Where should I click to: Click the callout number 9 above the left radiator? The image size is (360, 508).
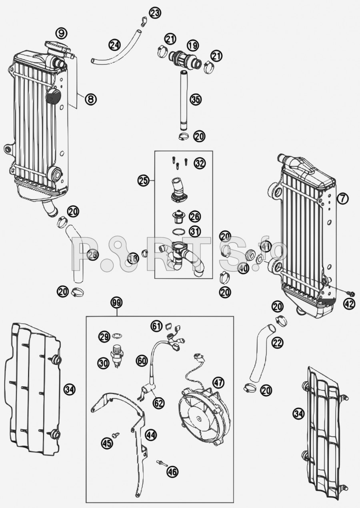click(x=61, y=32)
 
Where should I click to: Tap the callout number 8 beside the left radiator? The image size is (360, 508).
click(x=91, y=98)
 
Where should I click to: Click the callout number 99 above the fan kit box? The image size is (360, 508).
click(x=116, y=303)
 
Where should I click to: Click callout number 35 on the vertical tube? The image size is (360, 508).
click(x=195, y=100)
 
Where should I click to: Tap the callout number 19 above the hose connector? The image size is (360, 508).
click(x=192, y=45)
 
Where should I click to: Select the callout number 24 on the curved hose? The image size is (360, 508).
click(x=115, y=45)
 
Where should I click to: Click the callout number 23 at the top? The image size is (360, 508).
click(x=155, y=13)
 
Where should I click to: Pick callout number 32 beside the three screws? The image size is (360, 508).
click(x=200, y=163)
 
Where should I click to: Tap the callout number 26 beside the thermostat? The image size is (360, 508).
click(x=195, y=217)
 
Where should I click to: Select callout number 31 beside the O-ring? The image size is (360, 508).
click(x=195, y=231)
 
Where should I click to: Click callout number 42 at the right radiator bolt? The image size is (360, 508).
click(x=349, y=304)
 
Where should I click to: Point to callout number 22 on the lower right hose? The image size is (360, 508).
click(x=277, y=342)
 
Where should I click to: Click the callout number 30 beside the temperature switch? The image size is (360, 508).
click(x=103, y=363)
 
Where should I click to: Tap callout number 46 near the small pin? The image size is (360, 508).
click(x=172, y=472)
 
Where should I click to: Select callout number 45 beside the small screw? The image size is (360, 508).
click(x=106, y=443)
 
